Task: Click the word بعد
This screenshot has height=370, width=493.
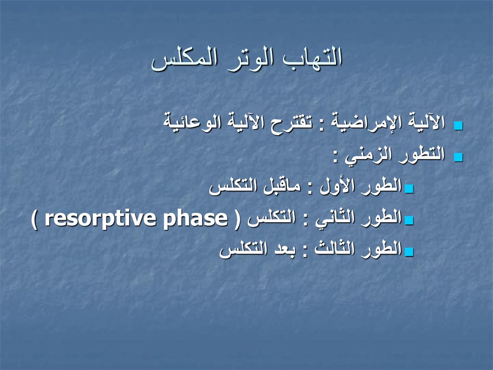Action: click(x=282, y=249)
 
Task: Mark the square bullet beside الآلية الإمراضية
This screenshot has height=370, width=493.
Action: click(x=459, y=126)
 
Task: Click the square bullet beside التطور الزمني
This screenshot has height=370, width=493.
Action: click(x=459, y=158)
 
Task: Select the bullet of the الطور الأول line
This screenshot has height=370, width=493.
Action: click(x=409, y=189)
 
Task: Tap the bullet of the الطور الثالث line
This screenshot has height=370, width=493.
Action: click(x=409, y=251)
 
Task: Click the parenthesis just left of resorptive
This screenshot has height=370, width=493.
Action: click(x=35, y=219)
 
